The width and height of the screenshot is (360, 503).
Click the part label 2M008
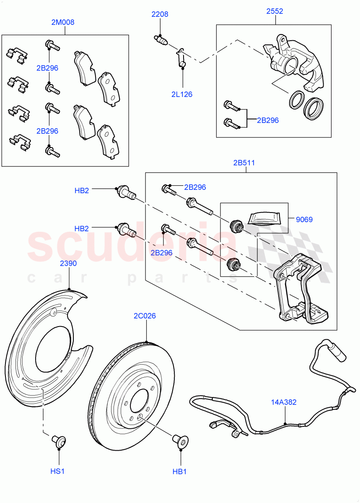point(63,22)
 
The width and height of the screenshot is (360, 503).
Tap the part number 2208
point(160,14)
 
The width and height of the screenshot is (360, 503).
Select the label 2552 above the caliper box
point(275,11)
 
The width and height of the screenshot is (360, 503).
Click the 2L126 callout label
point(181,94)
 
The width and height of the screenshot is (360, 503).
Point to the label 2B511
point(244,163)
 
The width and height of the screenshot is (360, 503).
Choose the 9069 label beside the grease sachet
point(304,219)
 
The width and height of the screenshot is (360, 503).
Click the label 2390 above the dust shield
point(68,263)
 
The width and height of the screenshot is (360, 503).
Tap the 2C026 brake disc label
point(145,316)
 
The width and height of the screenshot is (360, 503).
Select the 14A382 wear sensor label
point(284,402)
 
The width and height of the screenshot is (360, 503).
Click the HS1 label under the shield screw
point(57,472)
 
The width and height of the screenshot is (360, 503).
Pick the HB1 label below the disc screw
point(179,472)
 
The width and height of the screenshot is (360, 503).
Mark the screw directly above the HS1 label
point(59,441)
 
